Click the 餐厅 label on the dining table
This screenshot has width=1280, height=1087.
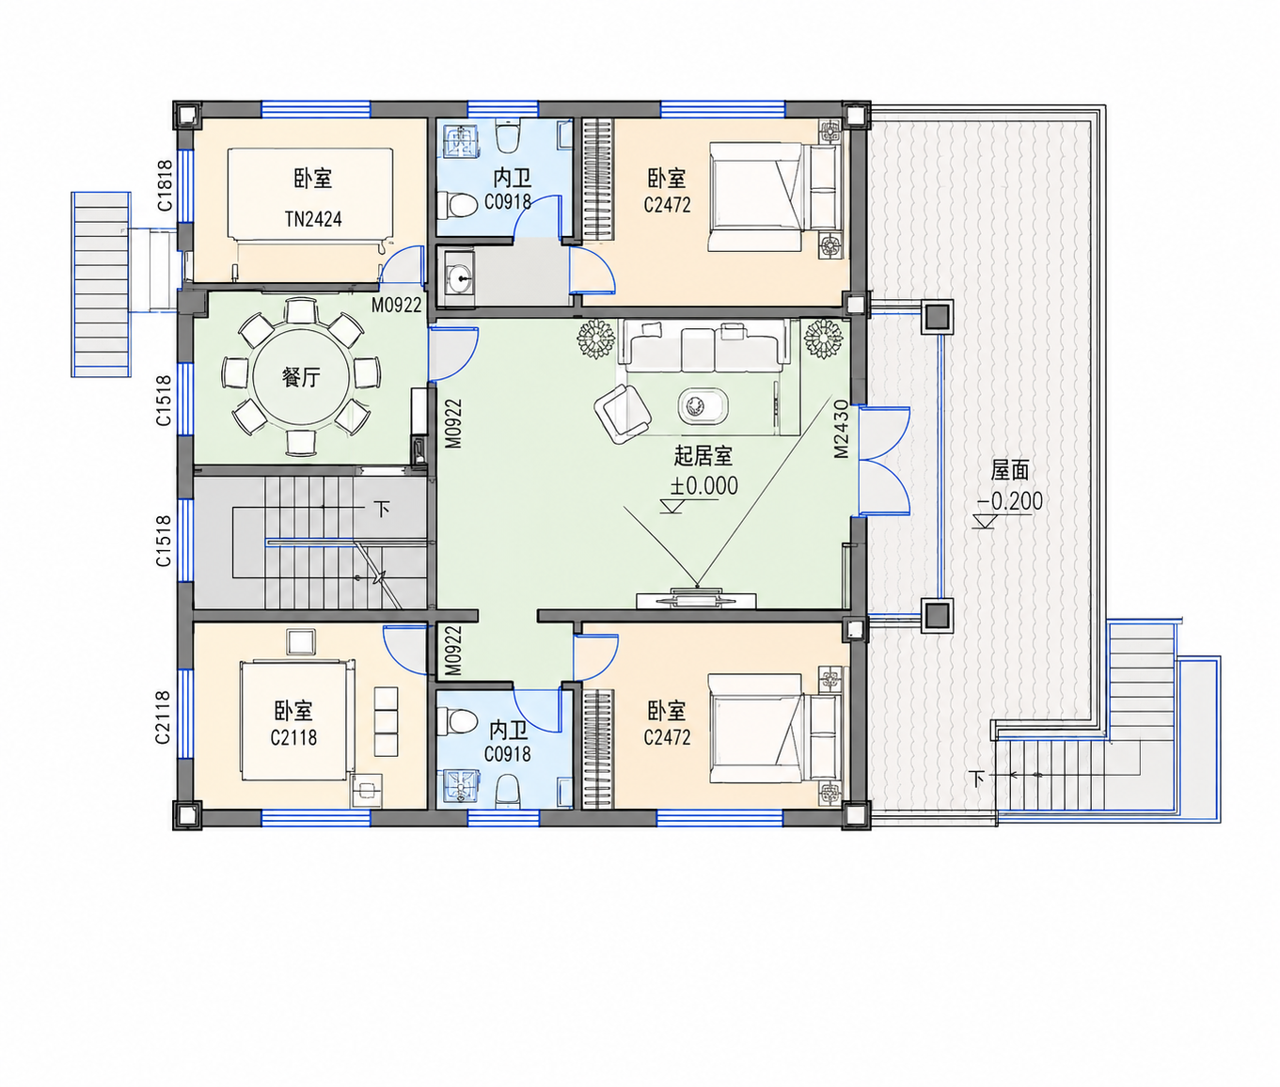click(x=301, y=377)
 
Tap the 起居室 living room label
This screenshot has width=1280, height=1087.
click(x=703, y=456)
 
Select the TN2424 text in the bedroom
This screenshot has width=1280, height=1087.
click(x=313, y=219)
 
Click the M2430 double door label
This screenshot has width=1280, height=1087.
click(x=841, y=429)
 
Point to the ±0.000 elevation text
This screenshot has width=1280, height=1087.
click(x=704, y=486)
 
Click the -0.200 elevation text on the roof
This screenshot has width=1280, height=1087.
click(x=1010, y=501)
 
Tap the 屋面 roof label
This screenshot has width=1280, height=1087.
click(x=1010, y=470)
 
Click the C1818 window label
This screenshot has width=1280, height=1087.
click(x=164, y=185)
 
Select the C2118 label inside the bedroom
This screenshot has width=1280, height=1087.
click(x=293, y=737)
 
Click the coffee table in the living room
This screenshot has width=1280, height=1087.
click(x=703, y=407)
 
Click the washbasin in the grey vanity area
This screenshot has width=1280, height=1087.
click(x=461, y=278)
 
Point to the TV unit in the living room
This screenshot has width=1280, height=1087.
click(x=696, y=600)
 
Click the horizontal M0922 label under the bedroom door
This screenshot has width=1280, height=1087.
click(x=396, y=305)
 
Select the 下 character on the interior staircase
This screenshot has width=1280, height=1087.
click(x=382, y=509)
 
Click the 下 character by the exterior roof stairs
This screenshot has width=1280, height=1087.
click(x=976, y=779)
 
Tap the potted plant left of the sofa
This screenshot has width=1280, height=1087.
click(x=595, y=339)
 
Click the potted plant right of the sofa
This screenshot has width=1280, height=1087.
click(x=823, y=339)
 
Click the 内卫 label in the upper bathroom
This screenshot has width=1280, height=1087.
click(x=513, y=179)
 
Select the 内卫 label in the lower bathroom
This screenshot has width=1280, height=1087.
click(x=509, y=731)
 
